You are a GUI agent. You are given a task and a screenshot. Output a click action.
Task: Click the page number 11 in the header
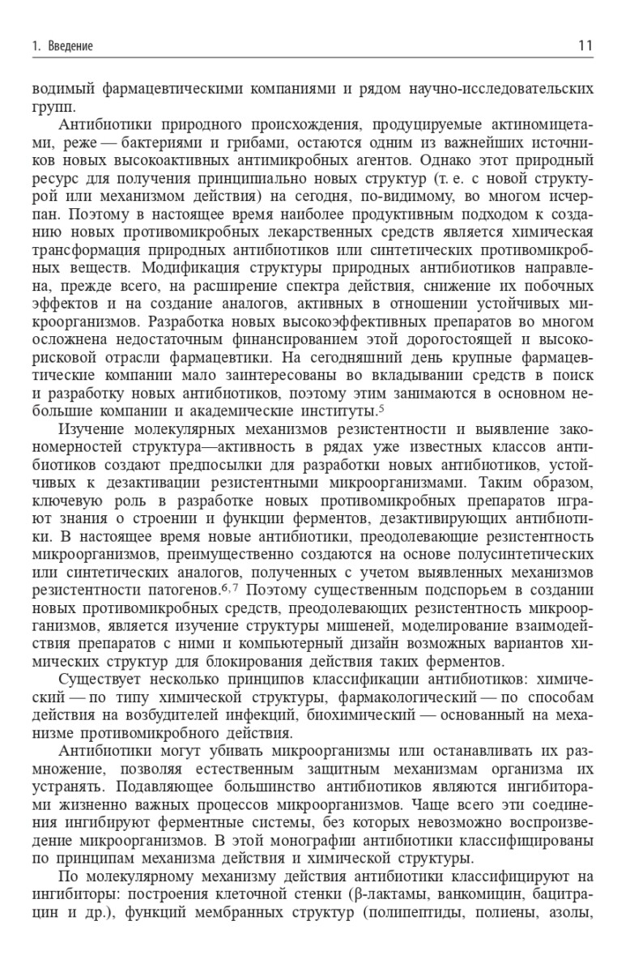[x=585, y=46]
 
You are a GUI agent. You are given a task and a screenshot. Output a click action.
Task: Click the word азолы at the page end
[x=572, y=910]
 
